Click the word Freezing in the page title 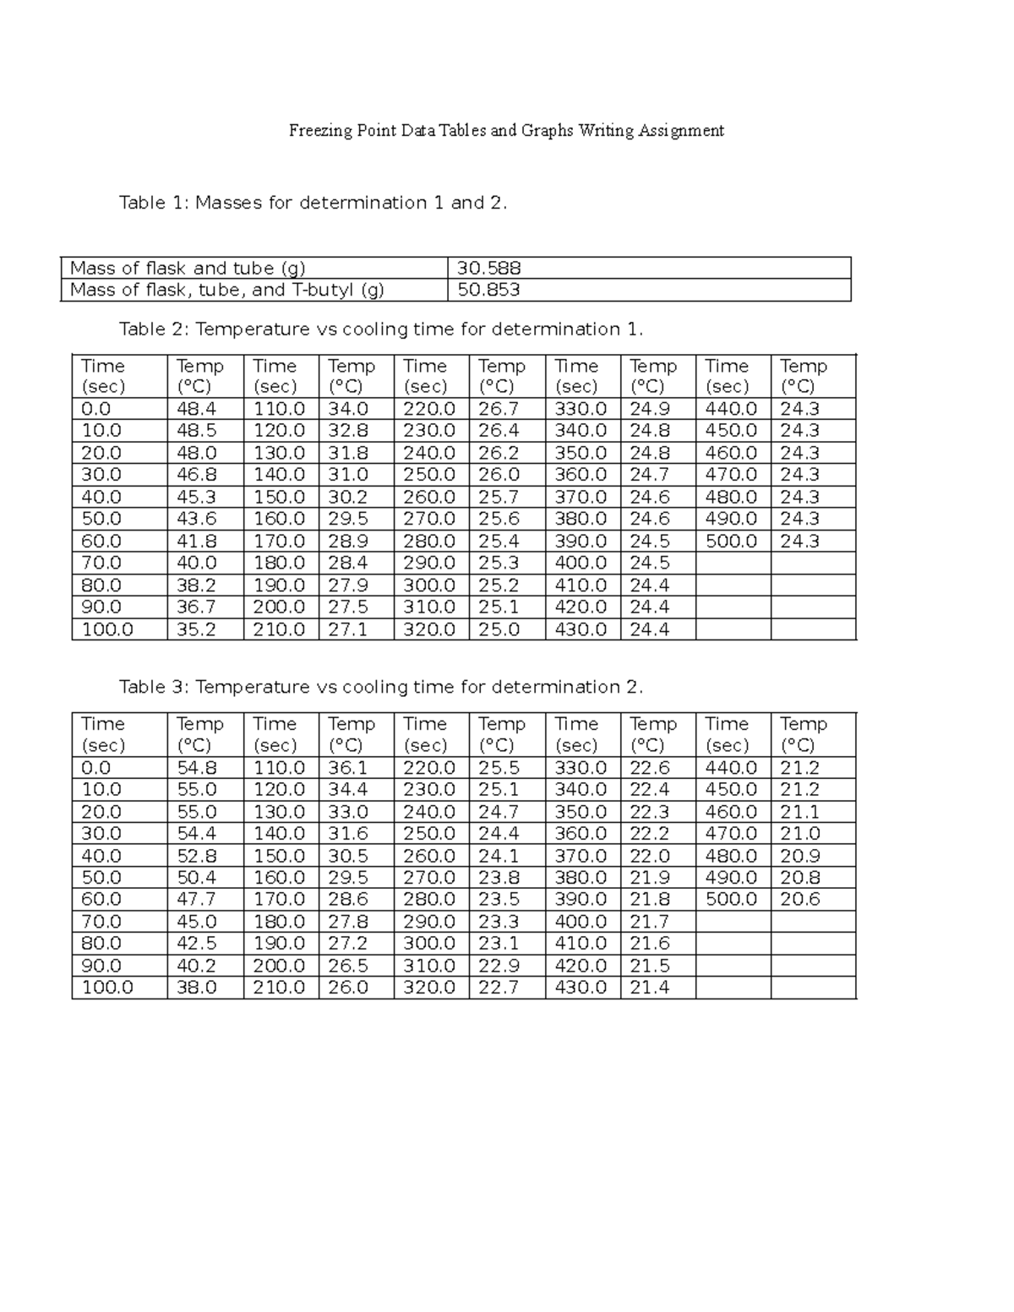pos(318,131)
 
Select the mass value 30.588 pos(488,269)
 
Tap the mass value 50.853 pos(488,291)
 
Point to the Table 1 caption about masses pos(313,203)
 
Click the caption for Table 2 pos(381,329)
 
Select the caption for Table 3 pos(381,687)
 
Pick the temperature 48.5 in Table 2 pos(196,431)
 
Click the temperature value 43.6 pos(196,519)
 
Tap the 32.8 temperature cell pos(347,431)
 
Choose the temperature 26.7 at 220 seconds pos(499,409)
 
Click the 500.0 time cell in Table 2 pos(731,541)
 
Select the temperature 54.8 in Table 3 pos(196,768)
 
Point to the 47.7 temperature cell pos(196,900)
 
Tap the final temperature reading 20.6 pos(800,900)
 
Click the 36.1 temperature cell pos(347,768)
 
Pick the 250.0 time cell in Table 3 pos(429,834)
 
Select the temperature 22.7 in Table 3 pos(499,988)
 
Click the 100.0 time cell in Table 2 pos(107,629)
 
